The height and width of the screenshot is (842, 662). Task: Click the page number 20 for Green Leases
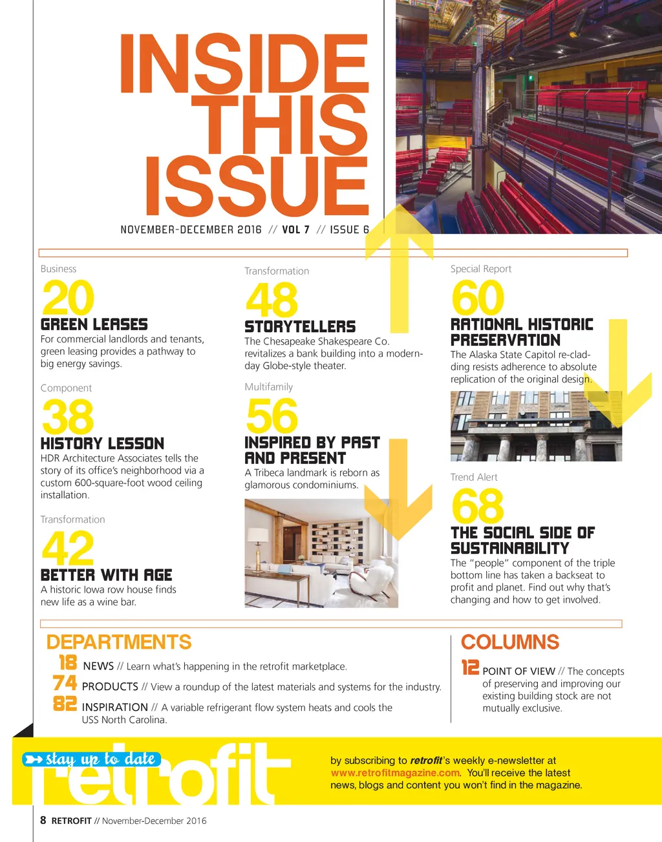click(x=68, y=298)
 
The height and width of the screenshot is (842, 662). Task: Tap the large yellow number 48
click(x=272, y=300)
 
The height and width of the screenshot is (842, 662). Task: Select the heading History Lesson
click(x=102, y=443)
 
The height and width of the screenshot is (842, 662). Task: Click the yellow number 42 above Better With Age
click(x=67, y=549)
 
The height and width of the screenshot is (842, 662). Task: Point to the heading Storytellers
click(x=300, y=326)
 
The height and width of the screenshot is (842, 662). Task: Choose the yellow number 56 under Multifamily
click(x=272, y=417)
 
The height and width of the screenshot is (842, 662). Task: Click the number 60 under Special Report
click(x=477, y=298)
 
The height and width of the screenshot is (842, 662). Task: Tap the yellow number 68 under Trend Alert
click(x=477, y=506)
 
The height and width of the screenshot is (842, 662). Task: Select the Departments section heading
click(x=119, y=642)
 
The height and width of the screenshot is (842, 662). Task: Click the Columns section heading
click(x=509, y=642)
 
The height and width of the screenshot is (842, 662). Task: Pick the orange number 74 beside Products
click(x=65, y=683)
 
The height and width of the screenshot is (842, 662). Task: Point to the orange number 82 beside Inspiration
click(x=65, y=704)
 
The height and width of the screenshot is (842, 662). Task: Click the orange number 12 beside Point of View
click(x=470, y=668)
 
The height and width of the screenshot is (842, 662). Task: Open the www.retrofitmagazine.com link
click(x=395, y=773)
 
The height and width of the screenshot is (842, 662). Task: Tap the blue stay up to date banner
click(x=92, y=759)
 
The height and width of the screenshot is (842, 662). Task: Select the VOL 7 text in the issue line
click(x=295, y=229)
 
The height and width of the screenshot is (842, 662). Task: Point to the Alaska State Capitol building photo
click(x=535, y=426)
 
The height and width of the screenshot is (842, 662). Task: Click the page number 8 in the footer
click(x=43, y=821)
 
